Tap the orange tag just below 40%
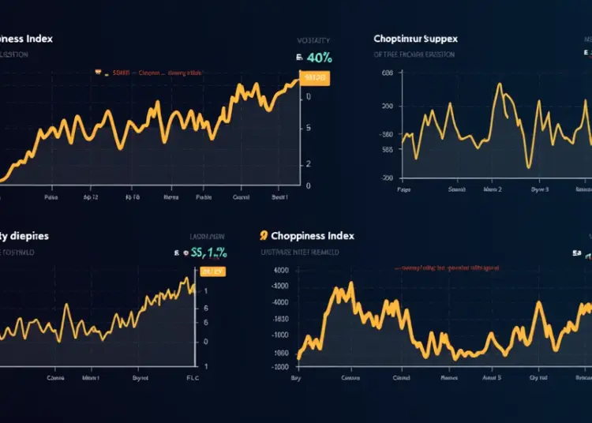tap(316, 79)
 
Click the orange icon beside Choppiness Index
tap(263, 235)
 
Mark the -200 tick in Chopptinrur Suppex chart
tap(386, 178)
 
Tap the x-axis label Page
tap(403, 190)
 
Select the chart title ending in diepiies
tap(24, 235)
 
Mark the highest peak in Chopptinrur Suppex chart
tap(498, 84)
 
